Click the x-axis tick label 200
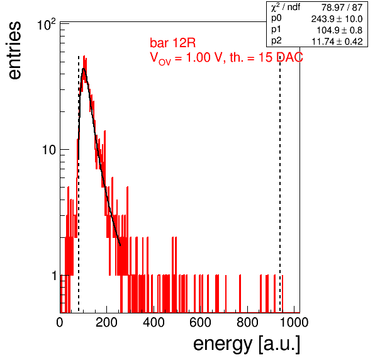click(x=106, y=322)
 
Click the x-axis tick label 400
click(x=154, y=322)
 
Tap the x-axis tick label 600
click(x=200, y=322)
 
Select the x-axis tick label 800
click(x=247, y=322)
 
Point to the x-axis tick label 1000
click(x=294, y=322)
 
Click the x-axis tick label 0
click(x=60, y=322)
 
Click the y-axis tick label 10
click(x=49, y=150)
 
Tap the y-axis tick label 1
click(x=54, y=276)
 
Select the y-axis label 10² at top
click(x=47, y=25)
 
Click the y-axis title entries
click(x=15, y=50)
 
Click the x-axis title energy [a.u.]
click(x=247, y=344)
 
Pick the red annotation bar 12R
click(x=172, y=43)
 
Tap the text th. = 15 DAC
click(x=266, y=57)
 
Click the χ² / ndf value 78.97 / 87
click(x=342, y=8)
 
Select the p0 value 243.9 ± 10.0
click(x=337, y=19)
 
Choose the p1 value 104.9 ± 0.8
click(x=339, y=30)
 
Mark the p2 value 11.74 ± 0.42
click(x=337, y=42)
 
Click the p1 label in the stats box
click(x=276, y=30)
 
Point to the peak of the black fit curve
click(x=84, y=69)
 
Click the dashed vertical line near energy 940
click(x=280, y=184)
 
